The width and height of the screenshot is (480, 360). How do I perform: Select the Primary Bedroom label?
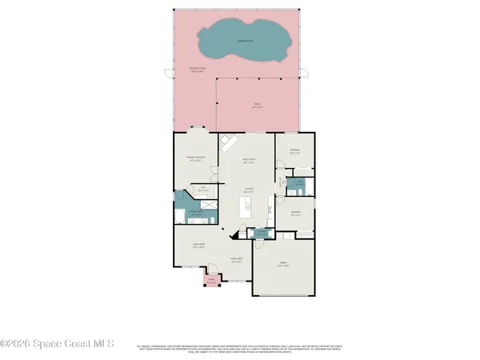pyautogui.click(x=196, y=159)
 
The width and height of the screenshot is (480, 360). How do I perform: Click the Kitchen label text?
pyautogui.click(x=249, y=190)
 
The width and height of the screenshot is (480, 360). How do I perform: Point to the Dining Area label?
pyautogui.click(x=236, y=261)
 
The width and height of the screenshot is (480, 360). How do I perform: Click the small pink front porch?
pyautogui.click(x=211, y=281)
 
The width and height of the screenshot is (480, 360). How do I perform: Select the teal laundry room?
pyautogui.click(x=260, y=233)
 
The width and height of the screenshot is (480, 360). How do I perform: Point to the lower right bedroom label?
pyautogui.click(x=295, y=214)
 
